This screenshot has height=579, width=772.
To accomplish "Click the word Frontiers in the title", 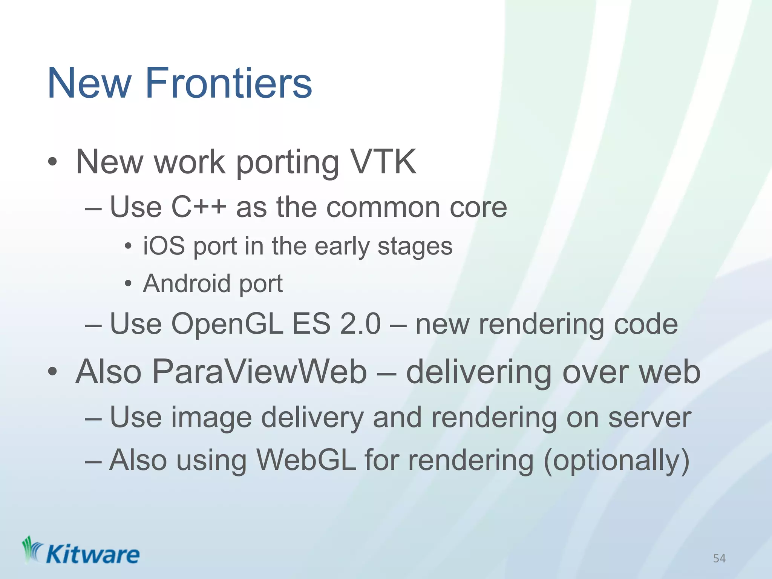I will tap(228, 83).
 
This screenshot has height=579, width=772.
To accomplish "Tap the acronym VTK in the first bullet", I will tap(383, 162).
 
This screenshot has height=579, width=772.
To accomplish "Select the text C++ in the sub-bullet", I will tap(199, 207).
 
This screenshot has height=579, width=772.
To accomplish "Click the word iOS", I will tap(164, 246).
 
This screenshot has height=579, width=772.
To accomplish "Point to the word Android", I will tap(187, 283).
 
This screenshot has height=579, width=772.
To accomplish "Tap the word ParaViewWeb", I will tap(259, 372).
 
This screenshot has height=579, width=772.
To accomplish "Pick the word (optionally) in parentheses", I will tap(616, 461).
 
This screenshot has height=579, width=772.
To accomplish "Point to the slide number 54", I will tap(719, 558).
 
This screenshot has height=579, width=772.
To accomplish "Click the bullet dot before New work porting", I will tap(52, 162).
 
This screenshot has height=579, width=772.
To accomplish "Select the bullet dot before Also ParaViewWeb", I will tap(52, 372).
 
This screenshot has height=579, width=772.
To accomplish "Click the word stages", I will tap(415, 247).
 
